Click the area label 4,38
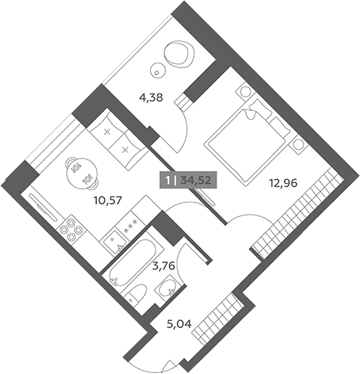point(151,98)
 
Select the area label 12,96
point(283,183)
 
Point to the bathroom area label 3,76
point(164,265)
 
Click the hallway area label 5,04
point(179,324)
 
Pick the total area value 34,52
point(196,180)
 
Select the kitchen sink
point(113,241)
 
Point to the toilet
point(134,295)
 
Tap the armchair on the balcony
point(179,54)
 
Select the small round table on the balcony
point(157,70)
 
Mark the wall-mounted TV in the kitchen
point(43,207)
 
